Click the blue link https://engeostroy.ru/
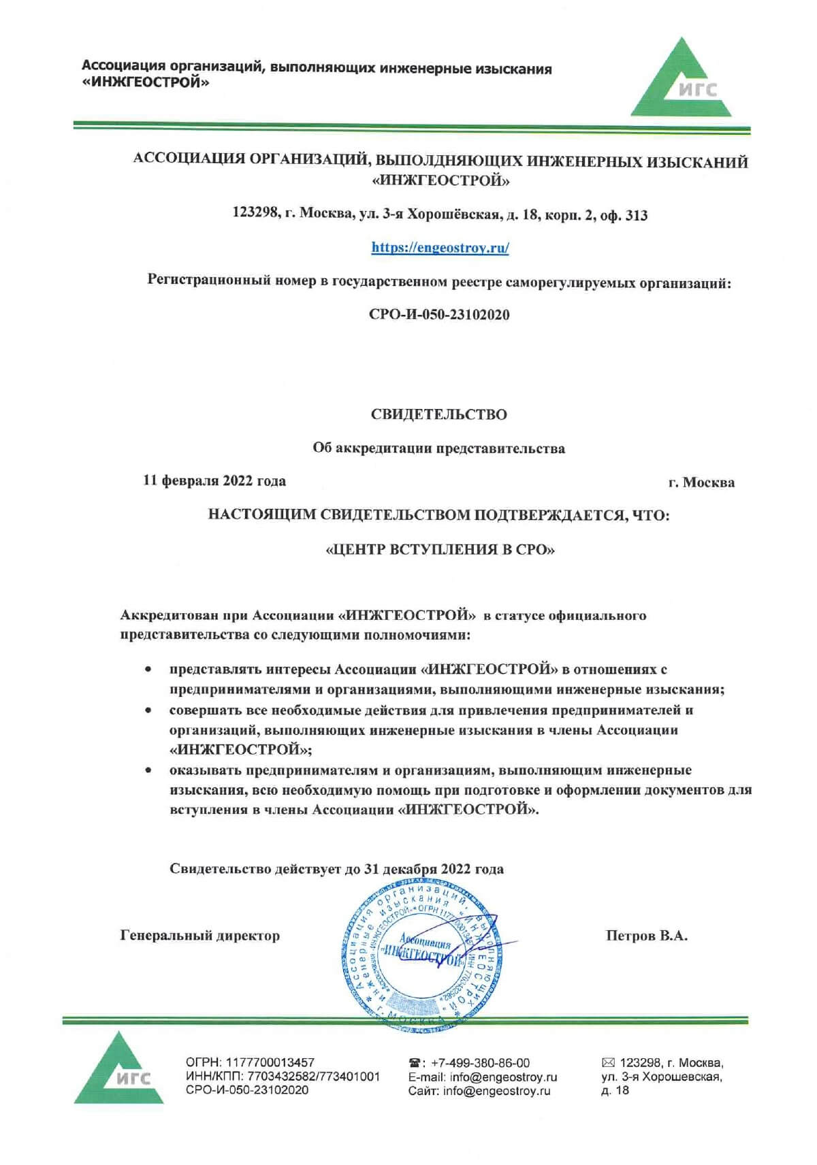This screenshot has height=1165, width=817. (440, 248)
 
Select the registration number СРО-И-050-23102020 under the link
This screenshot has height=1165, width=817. (439, 314)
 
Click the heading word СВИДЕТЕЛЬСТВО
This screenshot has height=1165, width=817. (438, 414)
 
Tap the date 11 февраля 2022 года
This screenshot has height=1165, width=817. (214, 481)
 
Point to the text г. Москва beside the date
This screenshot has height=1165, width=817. (701, 482)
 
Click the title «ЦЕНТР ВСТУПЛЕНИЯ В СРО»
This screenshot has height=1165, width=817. (440, 549)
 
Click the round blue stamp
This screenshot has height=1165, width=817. (422, 953)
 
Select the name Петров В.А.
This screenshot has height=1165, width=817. (646, 936)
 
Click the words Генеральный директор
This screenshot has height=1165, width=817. (199, 936)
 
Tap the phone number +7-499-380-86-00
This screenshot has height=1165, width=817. (480, 1063)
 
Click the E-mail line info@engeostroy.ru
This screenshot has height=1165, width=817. (483, 1077)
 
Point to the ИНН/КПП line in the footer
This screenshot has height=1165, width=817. (283, 1077)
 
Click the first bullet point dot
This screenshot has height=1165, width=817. (148, 670)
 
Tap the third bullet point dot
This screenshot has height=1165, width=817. (148, 770)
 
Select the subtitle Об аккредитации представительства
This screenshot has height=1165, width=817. (438, 448)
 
